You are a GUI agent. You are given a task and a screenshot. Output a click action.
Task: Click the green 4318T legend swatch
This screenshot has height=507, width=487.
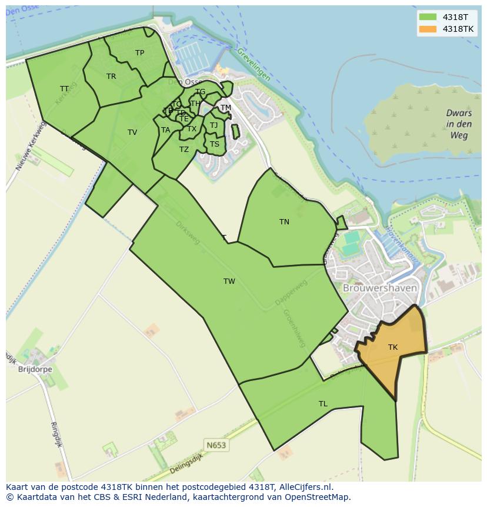point(428,17)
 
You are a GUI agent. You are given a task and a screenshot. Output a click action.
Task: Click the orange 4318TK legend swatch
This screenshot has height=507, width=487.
point(428,29)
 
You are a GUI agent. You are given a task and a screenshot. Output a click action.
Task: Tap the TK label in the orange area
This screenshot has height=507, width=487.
point(393,347)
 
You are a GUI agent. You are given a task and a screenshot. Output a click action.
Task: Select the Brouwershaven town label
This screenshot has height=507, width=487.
point(380,289)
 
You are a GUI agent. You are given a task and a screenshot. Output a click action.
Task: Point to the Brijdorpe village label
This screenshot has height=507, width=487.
point(35,370)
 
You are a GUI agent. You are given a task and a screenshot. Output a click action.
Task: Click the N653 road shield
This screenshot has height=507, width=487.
point(216,445)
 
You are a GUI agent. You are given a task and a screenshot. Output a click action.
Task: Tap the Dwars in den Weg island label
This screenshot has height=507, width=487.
point(459,124)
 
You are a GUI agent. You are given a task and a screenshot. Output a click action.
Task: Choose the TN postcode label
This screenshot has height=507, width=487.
point(284,222)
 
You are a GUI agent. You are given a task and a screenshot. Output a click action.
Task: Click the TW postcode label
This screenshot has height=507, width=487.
point(229,281)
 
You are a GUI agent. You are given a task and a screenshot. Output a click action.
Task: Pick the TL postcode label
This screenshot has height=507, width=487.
point(323,404)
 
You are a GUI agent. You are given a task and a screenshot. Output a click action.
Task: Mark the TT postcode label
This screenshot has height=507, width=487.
point(64,89)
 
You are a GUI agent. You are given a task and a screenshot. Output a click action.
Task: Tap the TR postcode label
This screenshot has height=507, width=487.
point(111,77)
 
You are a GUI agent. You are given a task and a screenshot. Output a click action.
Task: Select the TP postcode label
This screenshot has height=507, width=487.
point(139,53)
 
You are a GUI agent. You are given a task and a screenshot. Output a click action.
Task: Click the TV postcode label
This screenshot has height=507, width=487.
point(132,132)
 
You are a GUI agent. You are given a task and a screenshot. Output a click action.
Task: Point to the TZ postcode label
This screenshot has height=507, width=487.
point(184,150)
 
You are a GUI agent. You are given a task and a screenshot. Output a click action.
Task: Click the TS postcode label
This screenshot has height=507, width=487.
point(214,144)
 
